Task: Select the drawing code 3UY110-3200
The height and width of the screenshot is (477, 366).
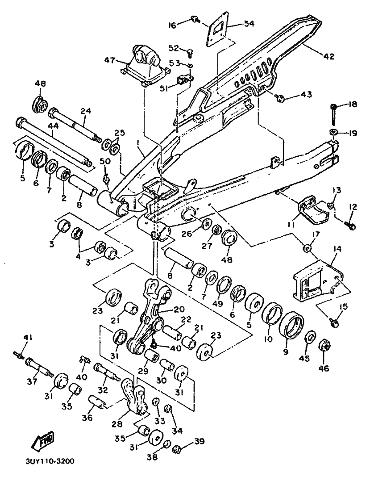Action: click(48, 460)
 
